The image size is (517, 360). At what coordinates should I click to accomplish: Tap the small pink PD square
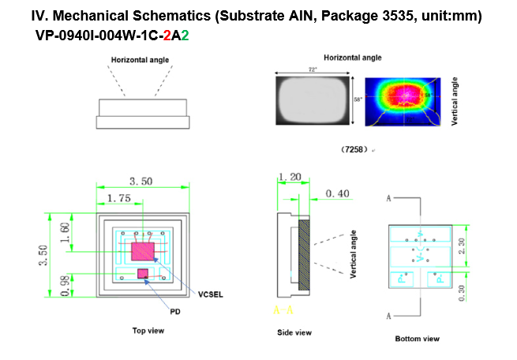coord(143,273)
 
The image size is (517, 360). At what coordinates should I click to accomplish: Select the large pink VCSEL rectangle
coord(143,252)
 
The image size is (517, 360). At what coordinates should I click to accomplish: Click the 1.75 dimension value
coord(118,198)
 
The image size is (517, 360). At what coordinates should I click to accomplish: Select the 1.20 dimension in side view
coord(290,178)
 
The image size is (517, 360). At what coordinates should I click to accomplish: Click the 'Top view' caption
coord(148,330)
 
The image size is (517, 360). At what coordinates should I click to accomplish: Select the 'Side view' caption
coord(294,332)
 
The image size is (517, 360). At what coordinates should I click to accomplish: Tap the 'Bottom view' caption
coord(417,339)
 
